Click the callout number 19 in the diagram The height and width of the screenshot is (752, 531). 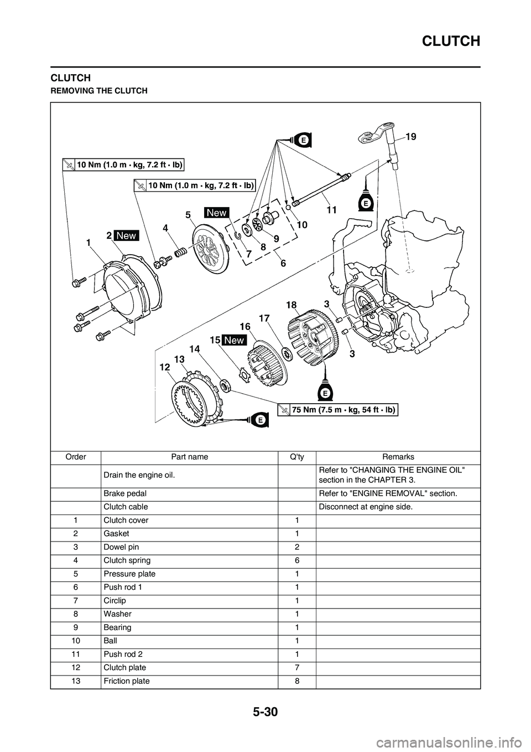click(x=410, y=136)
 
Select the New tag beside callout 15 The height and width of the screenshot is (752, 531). click(x=234, y=340)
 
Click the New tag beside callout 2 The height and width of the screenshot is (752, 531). click(x=126, y=235)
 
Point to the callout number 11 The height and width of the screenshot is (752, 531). click(x=331, y=210)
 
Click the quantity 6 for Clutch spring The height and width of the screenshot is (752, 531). click(x=297, y=560)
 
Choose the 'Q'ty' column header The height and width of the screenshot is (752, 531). click(x=297, y=457)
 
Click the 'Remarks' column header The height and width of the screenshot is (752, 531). click(x=398, y=457)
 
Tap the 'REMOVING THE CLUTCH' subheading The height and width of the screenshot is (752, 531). click(x=99, y=91)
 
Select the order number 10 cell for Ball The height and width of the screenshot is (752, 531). click(x=76, y=641)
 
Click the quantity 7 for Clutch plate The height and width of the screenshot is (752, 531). click(x=297, y=668)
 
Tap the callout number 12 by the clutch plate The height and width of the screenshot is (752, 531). click(x=165, y=367)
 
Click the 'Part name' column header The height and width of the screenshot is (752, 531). click(x=190, y=457)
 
